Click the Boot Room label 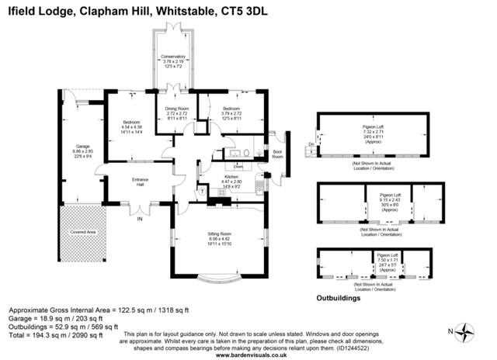coord(277,153)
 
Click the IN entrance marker coord(141,219)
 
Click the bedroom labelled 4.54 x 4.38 coord(133,126)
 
